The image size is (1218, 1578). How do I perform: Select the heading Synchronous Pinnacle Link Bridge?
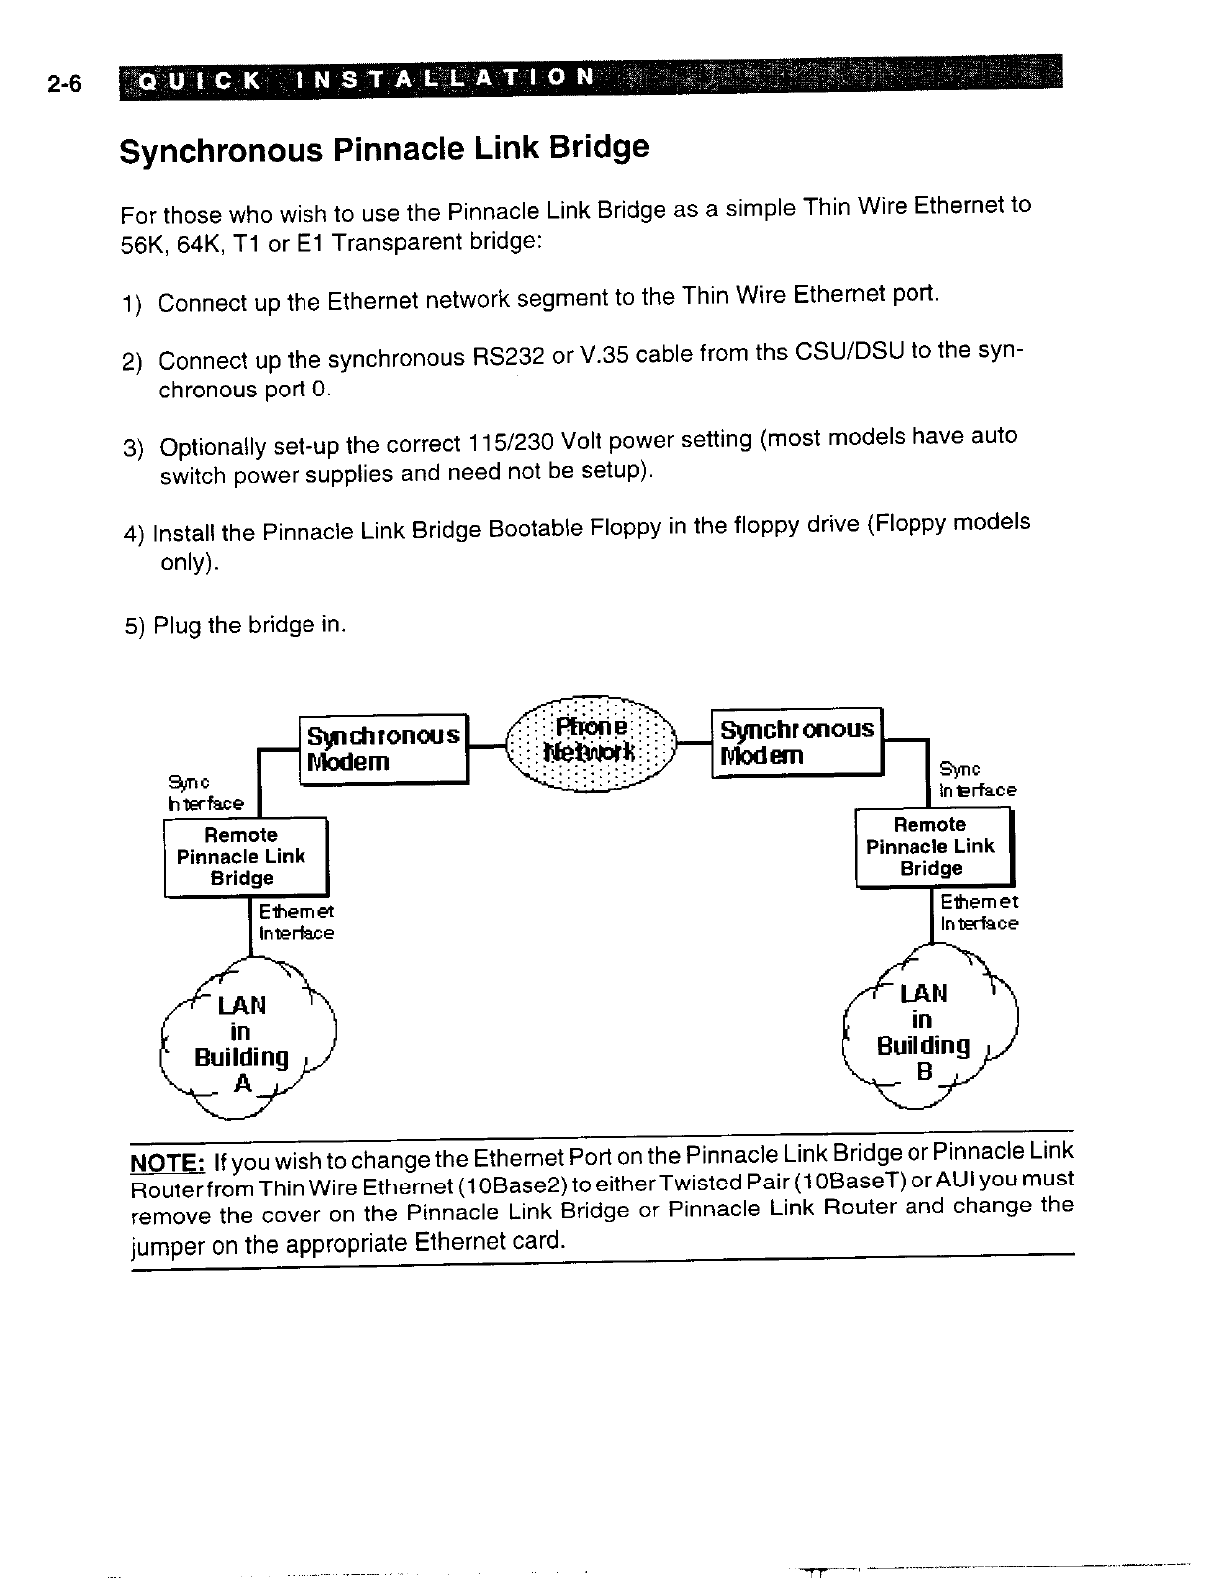click(383, 149)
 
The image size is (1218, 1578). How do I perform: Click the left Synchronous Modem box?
click(383, 748)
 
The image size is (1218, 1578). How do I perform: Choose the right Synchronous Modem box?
click(797, 741)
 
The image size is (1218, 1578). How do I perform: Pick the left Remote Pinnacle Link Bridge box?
click(245, 856)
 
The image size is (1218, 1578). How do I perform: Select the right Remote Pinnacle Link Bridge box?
click(932, 847)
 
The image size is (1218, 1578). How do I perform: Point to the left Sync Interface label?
click(205, 793)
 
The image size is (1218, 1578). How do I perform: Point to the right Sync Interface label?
click(976, 780)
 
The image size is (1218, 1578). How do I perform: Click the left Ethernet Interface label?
click(296, 923)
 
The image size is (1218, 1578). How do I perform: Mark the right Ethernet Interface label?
click(978, 913)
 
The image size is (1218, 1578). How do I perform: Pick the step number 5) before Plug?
click(135, 626)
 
